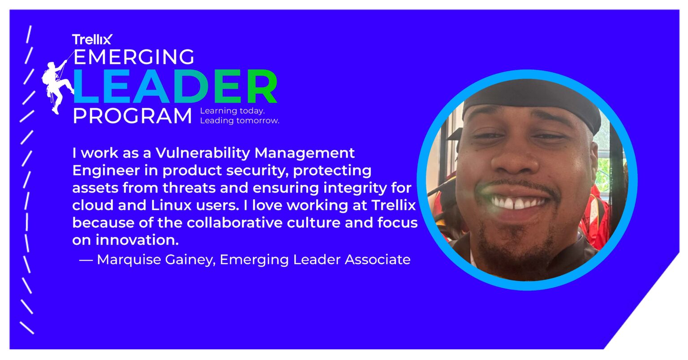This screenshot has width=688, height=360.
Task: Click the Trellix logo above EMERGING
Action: (92, 39)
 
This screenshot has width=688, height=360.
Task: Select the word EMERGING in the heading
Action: (133, 57)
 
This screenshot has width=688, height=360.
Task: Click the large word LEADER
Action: (175, 87)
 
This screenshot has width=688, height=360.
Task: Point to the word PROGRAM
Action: (132, 116)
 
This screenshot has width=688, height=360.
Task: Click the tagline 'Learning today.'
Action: (232, 111)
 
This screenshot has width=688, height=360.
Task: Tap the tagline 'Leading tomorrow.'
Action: (239, 121)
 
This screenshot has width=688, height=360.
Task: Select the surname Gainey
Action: (189, 259)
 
